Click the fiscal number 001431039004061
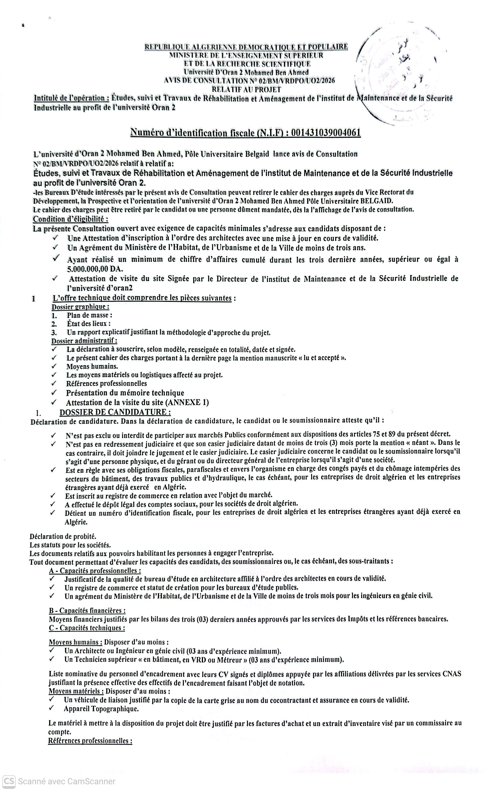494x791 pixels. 326,133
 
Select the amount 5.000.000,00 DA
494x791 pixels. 95,269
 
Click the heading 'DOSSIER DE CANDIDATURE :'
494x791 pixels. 115,412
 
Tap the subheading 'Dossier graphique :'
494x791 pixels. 80,307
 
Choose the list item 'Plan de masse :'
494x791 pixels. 90,315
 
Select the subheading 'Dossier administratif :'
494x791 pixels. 84,341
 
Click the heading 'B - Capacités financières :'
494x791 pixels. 87,610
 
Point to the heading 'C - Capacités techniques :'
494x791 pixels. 87,628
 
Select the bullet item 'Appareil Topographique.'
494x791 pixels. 101,709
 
